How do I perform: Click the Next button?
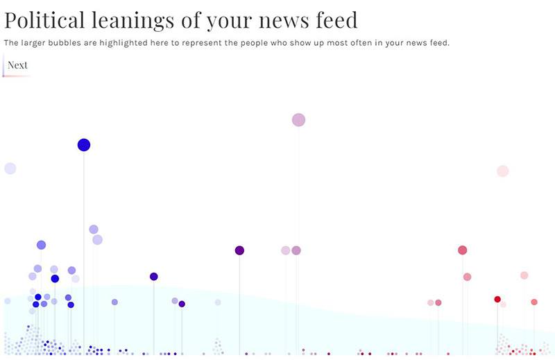17,65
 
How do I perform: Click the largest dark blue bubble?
84,145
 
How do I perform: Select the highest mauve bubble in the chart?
298,120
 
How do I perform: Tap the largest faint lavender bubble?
10,169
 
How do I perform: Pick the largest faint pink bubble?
503,171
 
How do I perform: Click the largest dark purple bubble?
239,250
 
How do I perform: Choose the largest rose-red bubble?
462,250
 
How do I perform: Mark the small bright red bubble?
497,299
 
